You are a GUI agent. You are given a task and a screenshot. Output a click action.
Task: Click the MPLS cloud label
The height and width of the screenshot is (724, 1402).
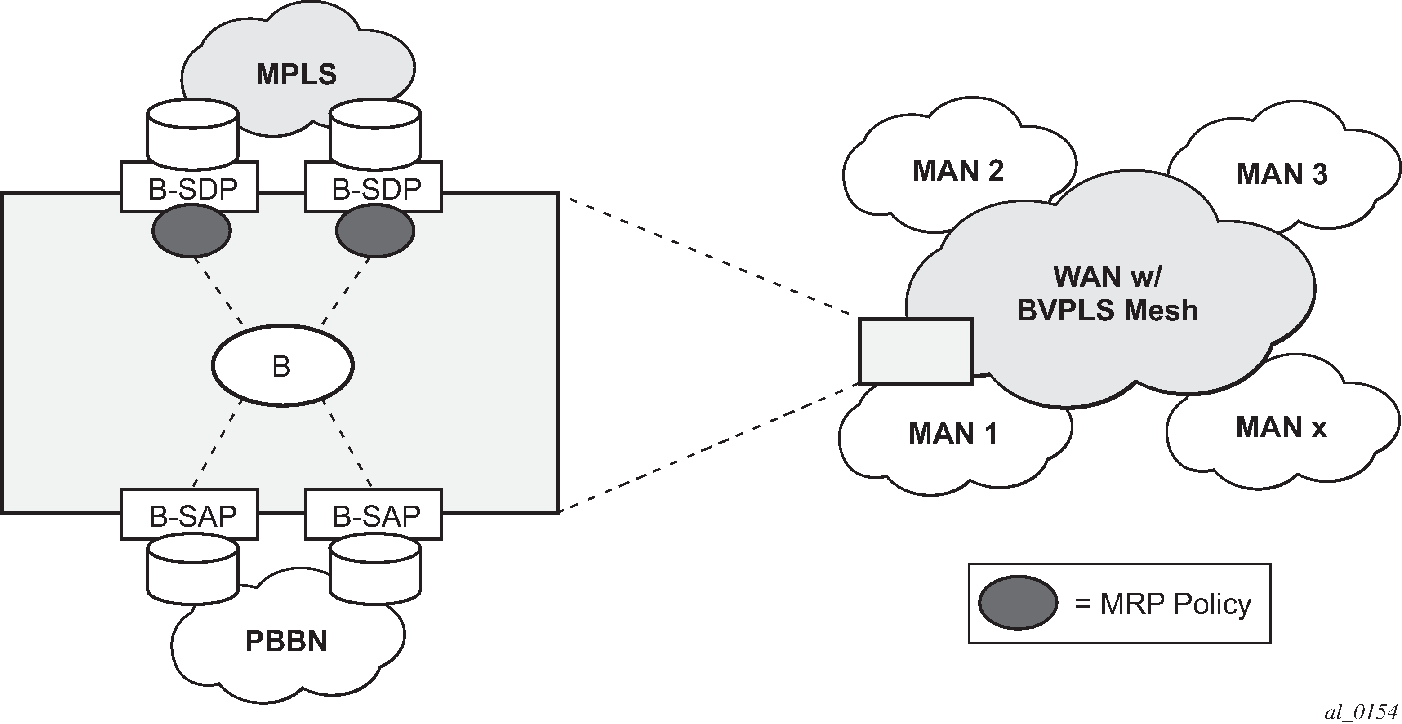coord(297,75)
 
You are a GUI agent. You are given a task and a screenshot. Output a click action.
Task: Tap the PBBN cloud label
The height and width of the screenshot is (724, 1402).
coord(286,641)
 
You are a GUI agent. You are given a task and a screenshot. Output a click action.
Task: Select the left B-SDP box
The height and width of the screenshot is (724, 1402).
coord(189,187)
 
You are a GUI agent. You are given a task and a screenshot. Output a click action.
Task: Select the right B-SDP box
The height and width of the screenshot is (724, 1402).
coord(374,187)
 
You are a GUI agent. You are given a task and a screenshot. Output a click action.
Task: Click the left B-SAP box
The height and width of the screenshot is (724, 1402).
coord(189,515)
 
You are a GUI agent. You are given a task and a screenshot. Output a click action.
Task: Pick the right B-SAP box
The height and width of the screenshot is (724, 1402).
coord(374,515)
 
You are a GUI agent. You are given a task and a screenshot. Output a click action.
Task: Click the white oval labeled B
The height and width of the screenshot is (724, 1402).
coord(282,365)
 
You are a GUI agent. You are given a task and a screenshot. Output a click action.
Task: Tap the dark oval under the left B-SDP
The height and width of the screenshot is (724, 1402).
coord(191,231)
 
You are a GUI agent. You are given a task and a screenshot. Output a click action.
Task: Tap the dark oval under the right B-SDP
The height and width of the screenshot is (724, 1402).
coord(375,231)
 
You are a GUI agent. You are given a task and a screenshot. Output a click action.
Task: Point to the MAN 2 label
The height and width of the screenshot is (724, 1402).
coord(958,171)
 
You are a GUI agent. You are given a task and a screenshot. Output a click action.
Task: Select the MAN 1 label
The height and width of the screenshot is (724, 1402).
coord(953,434)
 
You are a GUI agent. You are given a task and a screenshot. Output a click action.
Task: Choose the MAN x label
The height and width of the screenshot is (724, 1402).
coord(1281,427)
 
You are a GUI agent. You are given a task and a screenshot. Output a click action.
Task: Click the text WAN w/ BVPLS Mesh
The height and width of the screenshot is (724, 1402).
coord(1107,294)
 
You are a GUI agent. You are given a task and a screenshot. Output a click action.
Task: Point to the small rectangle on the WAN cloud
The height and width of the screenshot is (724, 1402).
coord(916,352)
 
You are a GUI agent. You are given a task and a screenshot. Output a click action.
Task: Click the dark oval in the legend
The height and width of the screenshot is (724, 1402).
coord(1018,603)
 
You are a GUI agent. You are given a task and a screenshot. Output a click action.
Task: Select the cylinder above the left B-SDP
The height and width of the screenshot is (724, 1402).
coord(192,133)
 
